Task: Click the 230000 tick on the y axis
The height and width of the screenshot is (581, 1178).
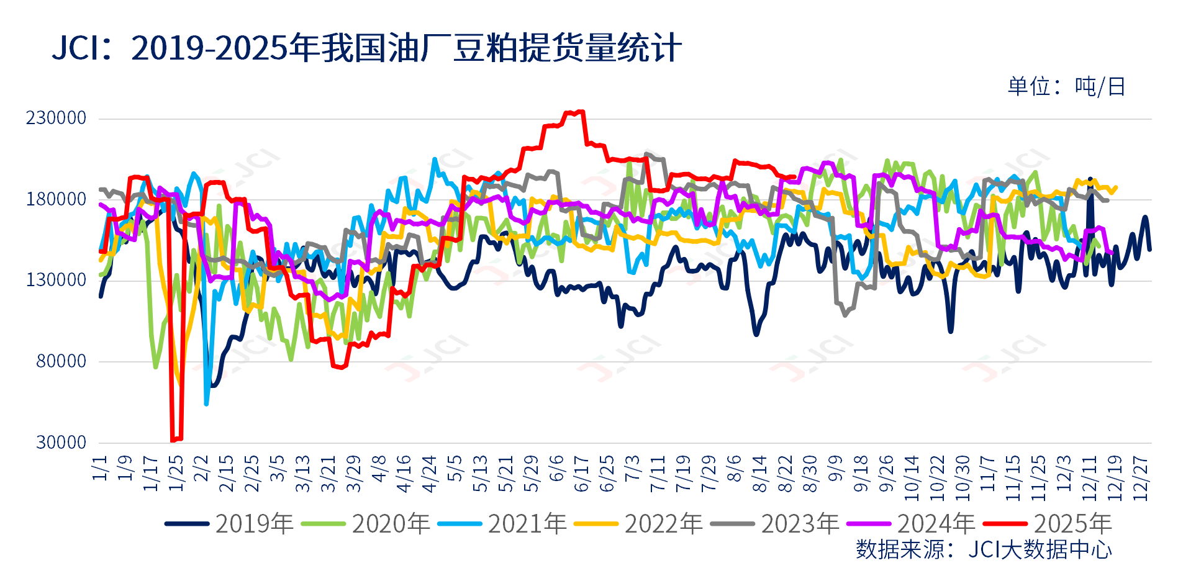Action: (56, 118)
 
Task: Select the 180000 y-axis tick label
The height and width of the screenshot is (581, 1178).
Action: (56, 199)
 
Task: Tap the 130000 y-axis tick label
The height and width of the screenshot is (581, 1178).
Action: (56, 280)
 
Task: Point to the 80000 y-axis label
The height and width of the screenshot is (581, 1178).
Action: (61, 361)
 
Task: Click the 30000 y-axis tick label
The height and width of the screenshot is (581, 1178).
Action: (61, 443)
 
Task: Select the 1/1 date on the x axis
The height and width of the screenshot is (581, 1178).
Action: (100, 468)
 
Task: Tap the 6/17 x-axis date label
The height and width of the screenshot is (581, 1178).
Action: (581, 474)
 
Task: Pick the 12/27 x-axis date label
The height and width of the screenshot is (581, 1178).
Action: (1141, 478)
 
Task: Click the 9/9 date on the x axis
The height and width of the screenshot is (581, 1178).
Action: (835, 468)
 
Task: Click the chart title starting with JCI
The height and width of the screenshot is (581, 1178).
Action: (366, 48)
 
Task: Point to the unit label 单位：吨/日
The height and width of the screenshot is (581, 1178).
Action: (1066, 87)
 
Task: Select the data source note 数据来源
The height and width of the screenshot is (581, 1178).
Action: (984, 549)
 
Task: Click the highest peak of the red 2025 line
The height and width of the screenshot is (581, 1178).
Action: (581, 112)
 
